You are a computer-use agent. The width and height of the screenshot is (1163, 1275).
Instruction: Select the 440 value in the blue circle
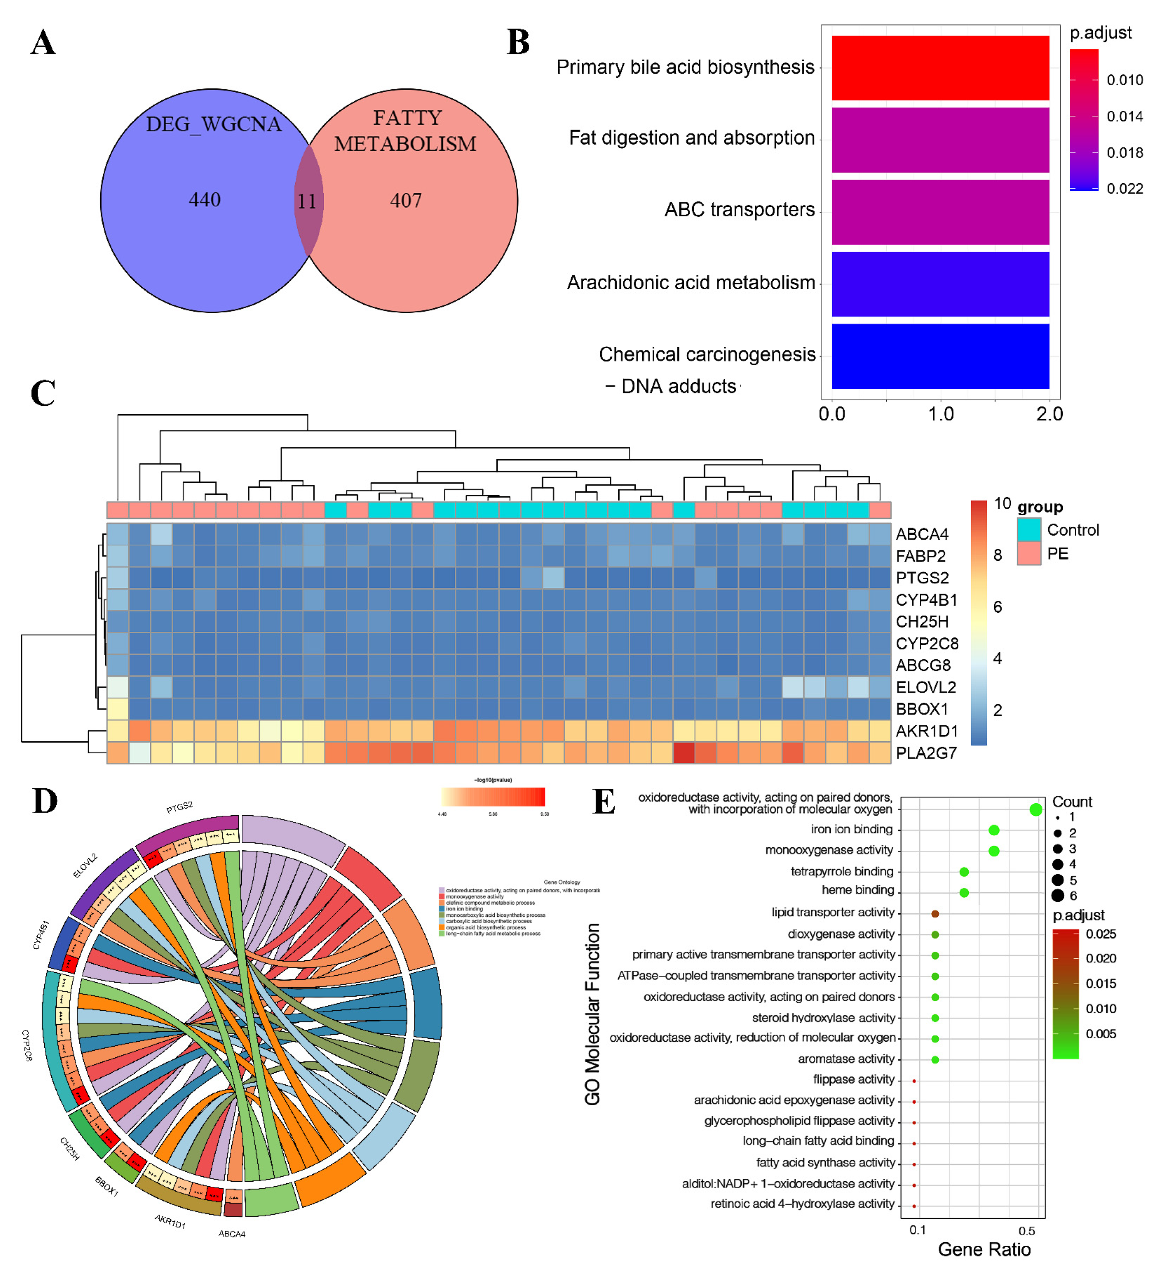(205, 200)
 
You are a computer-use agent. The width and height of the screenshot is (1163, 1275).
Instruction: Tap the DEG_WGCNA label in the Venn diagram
(214, 124)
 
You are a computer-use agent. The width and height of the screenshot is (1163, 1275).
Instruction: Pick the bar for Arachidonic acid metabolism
(940, 284)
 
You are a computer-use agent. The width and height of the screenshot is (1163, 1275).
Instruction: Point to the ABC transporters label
(739, 209)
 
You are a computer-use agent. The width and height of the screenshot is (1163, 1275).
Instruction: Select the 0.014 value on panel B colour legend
(1124, 116)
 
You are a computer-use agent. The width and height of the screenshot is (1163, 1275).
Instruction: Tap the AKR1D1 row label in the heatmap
(927, 731)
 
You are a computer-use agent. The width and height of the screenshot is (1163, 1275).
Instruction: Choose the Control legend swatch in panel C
(1029, 530)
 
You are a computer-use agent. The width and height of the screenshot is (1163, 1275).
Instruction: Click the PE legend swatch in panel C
(1029, 553)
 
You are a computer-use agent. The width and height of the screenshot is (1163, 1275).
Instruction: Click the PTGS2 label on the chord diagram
(180, 807)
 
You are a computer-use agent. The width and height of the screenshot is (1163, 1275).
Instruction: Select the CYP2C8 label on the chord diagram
(27, 1045)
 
